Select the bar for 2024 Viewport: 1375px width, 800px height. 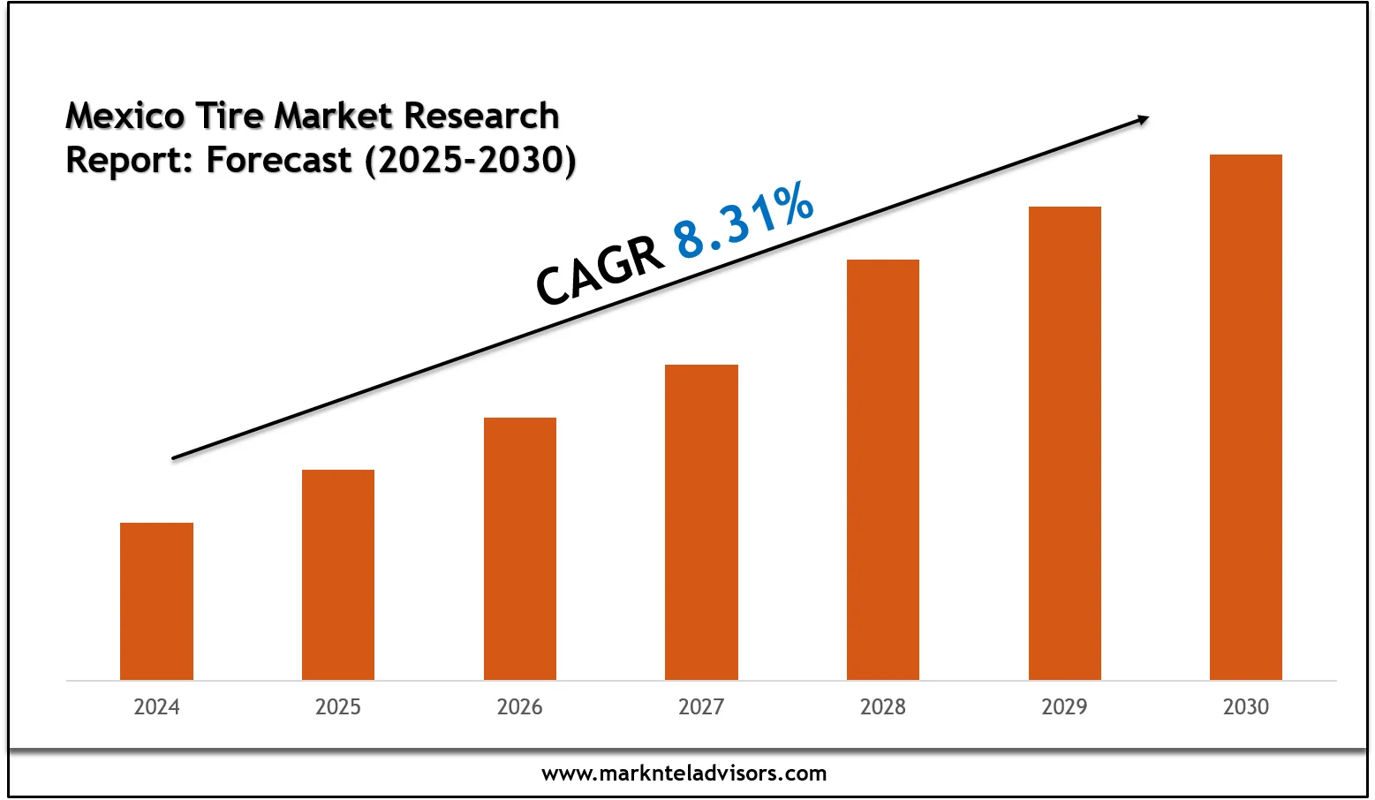156,601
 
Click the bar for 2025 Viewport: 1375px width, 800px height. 338,575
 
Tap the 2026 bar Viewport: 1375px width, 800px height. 520,548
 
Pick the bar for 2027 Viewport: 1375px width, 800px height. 701,522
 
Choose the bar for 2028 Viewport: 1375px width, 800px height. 883,470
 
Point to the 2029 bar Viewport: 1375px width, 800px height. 1065,443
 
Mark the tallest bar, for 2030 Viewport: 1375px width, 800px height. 1246,417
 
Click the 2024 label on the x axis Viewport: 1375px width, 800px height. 156,707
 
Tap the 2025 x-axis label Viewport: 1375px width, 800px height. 338,707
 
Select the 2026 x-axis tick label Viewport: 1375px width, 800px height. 520,707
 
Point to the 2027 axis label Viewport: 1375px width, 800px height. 701,707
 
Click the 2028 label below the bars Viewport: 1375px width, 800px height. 883,707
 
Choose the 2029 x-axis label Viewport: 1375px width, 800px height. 1065,707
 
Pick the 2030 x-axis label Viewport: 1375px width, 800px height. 1246,707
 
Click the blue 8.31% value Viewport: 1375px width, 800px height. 744,221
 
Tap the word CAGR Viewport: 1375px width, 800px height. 600,271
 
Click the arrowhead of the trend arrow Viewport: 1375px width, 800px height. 1143,119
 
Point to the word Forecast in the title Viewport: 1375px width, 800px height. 279,161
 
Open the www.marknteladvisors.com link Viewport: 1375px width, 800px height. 684,774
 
